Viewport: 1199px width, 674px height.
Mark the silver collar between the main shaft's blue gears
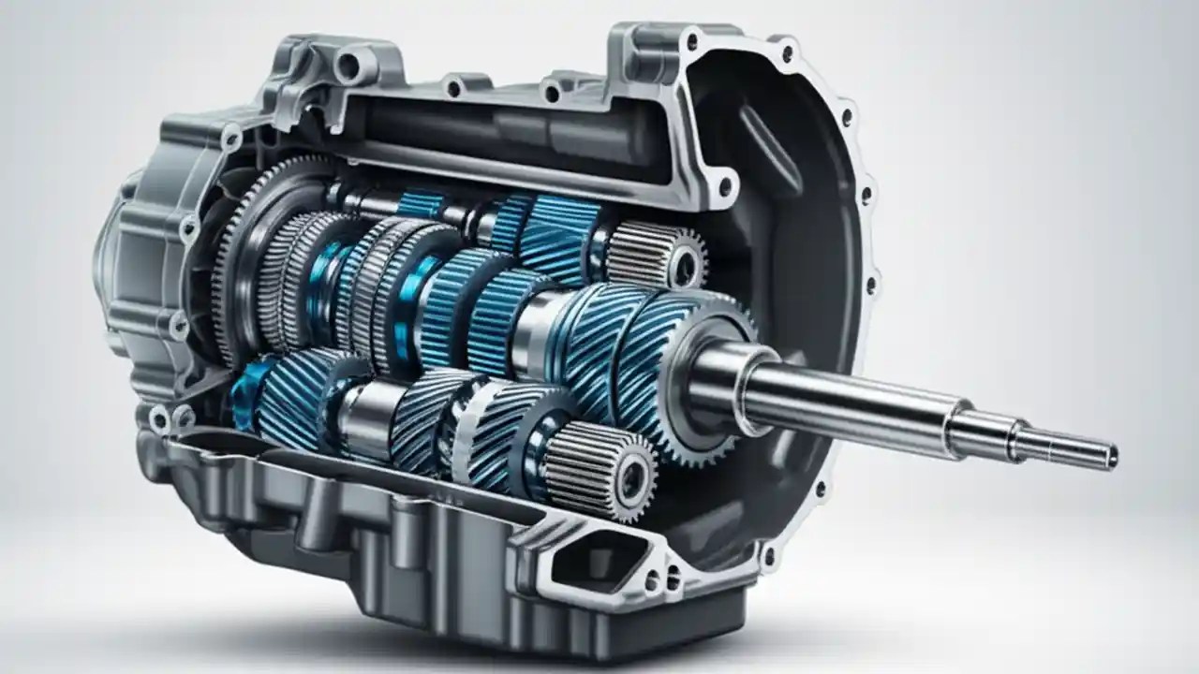(540, 323)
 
